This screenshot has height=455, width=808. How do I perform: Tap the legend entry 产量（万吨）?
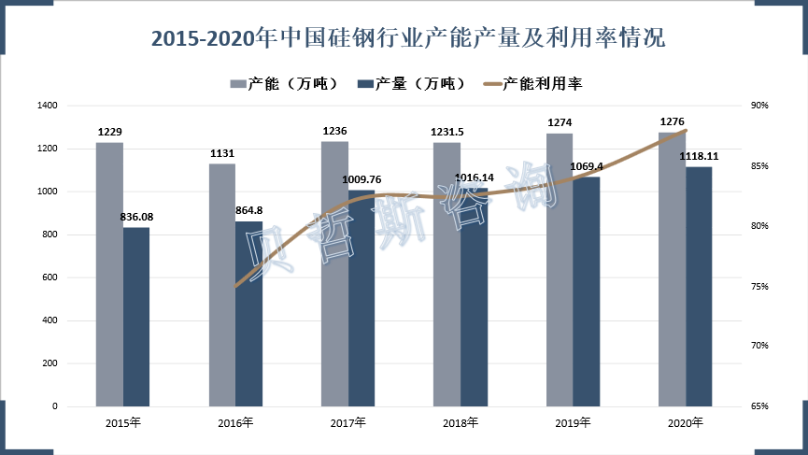[411, 84]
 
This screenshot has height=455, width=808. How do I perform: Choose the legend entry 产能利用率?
[532, 84]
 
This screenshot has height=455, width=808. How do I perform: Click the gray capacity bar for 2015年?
[109, 275]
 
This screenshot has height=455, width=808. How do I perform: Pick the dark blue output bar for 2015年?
[136, 317]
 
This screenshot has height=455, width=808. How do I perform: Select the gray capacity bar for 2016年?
[221, 285]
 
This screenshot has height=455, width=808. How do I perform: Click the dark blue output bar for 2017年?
[361, 299]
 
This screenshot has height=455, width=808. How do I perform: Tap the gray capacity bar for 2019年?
[560, 270]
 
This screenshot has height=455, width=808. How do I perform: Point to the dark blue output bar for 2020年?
[699, 287]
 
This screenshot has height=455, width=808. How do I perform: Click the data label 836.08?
[137, 218]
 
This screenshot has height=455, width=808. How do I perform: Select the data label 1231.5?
[447, 133]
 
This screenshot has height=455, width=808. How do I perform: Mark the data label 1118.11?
[700, 156]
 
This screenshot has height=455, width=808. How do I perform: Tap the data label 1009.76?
[362, 179]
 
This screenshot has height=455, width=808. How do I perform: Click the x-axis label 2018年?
[461, 423]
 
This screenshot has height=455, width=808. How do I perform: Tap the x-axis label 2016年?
[235, 423]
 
